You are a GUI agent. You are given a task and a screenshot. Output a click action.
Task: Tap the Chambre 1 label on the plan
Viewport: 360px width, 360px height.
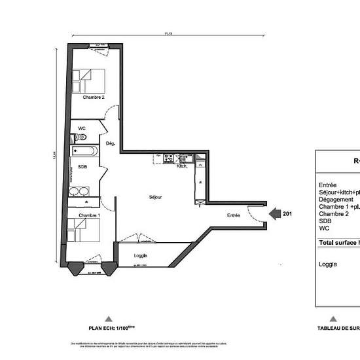point(89,215)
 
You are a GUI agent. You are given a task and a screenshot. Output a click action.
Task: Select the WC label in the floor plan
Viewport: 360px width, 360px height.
point(82,128)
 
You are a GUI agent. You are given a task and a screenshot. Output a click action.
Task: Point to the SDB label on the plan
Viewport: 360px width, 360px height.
point(82,167)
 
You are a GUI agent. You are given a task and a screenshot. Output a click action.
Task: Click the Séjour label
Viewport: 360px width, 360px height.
point(154,197)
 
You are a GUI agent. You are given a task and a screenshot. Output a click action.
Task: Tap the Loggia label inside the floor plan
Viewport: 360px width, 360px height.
point(140,255)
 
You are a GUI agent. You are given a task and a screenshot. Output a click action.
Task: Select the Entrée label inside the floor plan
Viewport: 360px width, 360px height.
point(233,215)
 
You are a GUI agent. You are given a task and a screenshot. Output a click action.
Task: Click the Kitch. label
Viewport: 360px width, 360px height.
point(183,166)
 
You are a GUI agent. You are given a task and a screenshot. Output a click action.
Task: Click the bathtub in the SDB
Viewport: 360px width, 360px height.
point(85,152)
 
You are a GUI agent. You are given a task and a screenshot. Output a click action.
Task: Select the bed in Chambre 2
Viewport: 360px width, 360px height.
point(88,81)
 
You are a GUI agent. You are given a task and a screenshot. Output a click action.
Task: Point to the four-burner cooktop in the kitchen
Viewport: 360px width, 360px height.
point(168,157)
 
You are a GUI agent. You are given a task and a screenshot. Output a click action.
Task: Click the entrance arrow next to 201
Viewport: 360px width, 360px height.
point(276,213)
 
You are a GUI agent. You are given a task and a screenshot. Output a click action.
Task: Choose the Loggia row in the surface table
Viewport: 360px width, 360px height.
point(328,264)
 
